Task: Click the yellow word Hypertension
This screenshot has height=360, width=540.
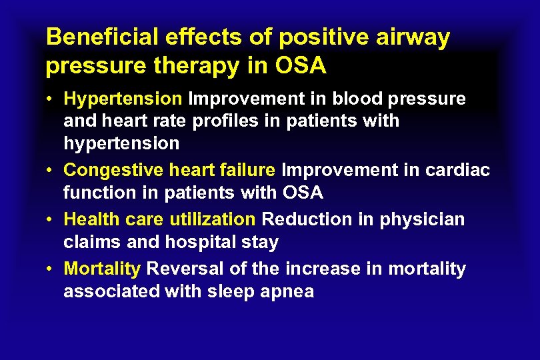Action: [123, 99]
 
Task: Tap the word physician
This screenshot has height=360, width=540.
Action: [423, 219]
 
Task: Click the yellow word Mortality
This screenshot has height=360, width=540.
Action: [102, 269]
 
